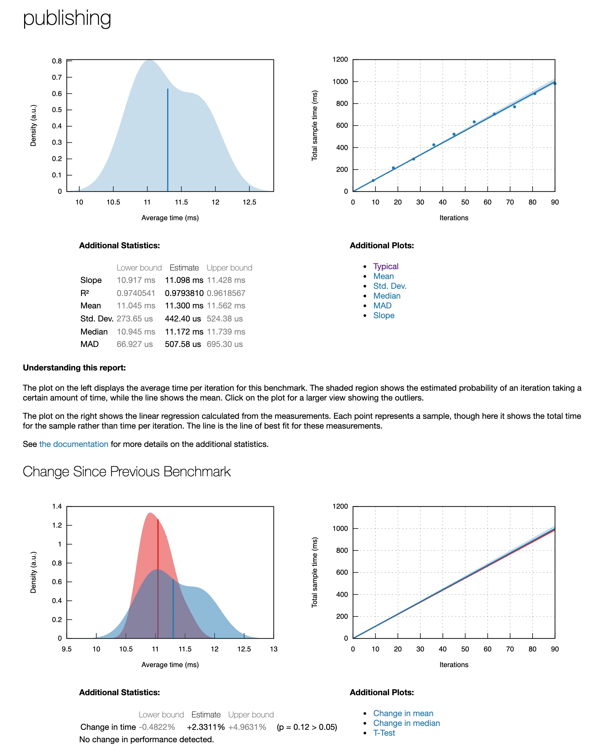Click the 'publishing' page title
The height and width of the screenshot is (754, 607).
67,18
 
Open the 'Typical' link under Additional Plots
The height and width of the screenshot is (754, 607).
386,266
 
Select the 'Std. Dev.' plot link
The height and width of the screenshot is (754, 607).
390,286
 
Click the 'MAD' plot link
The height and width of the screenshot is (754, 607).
382,305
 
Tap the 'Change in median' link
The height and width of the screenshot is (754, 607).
406,723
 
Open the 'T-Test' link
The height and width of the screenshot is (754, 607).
384,733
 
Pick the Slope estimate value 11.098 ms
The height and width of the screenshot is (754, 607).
184,280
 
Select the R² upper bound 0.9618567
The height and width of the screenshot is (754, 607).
226,293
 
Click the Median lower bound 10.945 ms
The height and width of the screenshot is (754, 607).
136,332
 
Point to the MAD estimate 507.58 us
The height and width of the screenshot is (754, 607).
182,344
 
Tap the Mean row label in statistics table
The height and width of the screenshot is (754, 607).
91,305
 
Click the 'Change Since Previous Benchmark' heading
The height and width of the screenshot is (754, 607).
127,471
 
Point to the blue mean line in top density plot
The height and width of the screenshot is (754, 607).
167,140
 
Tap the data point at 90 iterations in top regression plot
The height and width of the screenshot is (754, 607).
554,84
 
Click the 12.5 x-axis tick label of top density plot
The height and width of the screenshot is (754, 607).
249,202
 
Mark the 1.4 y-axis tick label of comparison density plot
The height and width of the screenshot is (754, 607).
57,506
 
